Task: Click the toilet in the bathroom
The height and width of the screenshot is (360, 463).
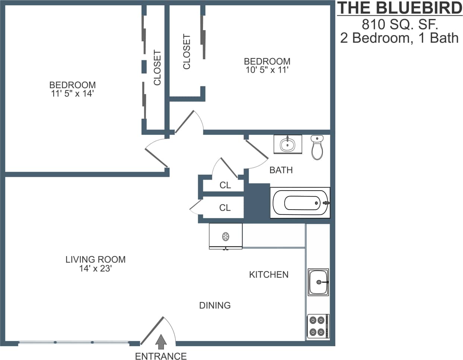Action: tap(317, 147)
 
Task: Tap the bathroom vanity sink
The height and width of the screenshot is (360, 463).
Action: tap(288, 144)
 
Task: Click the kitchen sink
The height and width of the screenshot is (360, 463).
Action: tap(318, 282)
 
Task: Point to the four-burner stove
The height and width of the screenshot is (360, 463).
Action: tap(318, 326)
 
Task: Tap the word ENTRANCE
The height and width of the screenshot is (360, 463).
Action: tap(161, 356)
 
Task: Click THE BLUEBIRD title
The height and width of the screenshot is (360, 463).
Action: tap(400, 9)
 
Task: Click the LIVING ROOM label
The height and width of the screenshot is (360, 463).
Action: tap(95, 259)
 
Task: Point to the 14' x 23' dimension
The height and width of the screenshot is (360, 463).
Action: tap(95, 269)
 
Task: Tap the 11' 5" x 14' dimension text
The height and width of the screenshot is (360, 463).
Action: tap(72, 94)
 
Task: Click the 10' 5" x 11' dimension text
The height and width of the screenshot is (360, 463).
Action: tap(267, 70)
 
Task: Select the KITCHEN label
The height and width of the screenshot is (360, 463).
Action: tap(269, 275)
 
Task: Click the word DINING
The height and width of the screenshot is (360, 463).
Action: tap(215, 306)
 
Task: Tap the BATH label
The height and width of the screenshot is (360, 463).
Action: tap(281, 170)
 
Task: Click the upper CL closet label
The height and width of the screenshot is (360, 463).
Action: tap(225, 185)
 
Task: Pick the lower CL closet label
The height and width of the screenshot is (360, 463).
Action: tap(225, 208)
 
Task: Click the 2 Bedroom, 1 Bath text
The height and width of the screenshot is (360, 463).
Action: tap(399, 38)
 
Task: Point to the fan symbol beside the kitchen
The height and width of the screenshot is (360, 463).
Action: tap(225, 236)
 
